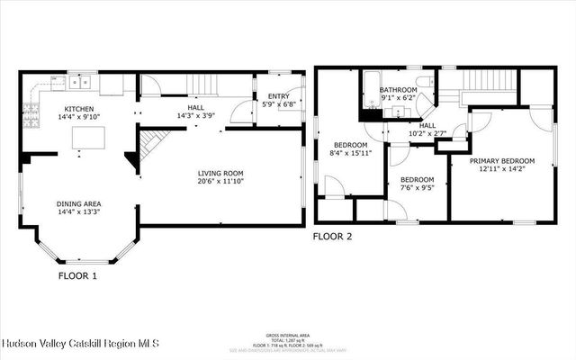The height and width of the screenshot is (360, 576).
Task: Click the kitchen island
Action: pyautogui.click(x=88, y=137)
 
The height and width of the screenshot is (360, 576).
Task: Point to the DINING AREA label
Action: pyautogui.click(x=78, y=203)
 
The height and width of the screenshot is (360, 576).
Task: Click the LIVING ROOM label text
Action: pyautogui.click(x=222, y=174)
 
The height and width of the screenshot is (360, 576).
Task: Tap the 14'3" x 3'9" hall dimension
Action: pyautogui.click(x=195, y=115)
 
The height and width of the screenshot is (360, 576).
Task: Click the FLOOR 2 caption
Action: pyautogui.click(x=332, y=237)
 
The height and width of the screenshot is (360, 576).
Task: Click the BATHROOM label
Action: pyautogui.click(x=397, y=90)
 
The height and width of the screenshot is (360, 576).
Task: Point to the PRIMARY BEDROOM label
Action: pyautogui.click(x=502, y=160)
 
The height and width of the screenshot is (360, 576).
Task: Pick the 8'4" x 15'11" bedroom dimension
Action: pyautogui.click(x=350, y=154)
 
